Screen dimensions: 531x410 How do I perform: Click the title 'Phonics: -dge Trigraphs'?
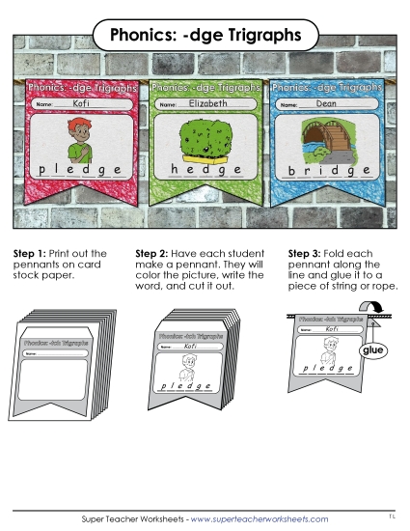(205, 36)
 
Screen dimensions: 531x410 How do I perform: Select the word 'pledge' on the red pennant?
(81, 170)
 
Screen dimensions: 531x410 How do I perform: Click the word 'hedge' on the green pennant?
(203, 170)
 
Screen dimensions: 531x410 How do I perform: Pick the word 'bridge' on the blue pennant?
(324, 171)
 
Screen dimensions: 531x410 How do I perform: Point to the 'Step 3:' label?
(305, 253)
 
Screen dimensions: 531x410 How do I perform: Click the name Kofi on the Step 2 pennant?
(190, 345)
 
